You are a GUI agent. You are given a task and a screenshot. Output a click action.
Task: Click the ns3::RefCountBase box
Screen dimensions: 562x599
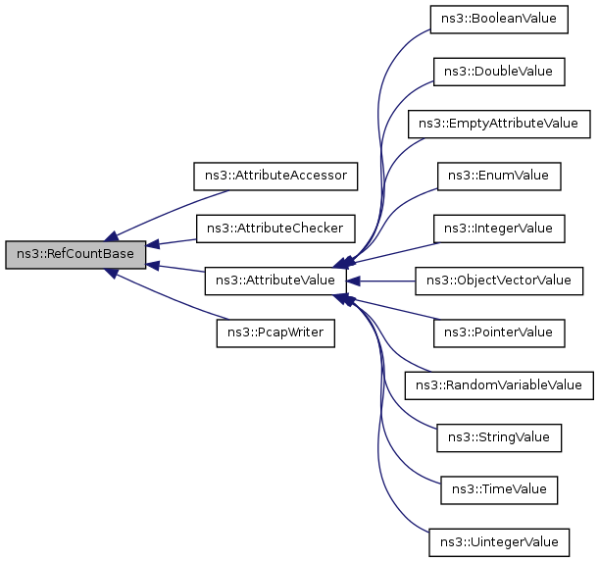point(75,254)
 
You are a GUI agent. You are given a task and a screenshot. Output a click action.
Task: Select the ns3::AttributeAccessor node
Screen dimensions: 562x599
point(275,176)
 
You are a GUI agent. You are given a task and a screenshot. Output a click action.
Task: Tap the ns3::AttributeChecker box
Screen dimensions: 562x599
point(275,229)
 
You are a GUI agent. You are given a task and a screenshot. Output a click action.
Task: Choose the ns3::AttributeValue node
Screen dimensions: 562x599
point(275,281)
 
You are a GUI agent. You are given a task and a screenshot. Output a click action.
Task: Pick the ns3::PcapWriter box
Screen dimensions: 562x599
point(275,333)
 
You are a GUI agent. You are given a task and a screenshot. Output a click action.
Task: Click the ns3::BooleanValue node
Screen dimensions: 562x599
point(499,20)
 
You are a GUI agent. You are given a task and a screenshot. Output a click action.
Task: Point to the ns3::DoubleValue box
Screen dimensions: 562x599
point(499,72)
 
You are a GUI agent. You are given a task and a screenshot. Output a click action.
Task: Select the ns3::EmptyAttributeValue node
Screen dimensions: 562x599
point(499,124)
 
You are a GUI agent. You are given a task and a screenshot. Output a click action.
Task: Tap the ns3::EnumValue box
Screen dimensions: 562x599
point(499,176)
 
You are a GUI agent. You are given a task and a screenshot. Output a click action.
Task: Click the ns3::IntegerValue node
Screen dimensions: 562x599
point(499,229)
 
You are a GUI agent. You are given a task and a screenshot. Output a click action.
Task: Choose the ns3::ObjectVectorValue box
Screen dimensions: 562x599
point(499,281)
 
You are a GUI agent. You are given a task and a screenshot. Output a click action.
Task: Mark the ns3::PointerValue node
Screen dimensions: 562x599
point(499,332)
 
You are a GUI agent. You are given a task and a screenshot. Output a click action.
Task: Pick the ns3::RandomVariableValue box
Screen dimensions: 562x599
point(499,384)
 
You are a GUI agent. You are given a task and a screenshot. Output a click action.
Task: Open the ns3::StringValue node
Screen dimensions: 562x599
point(499,436)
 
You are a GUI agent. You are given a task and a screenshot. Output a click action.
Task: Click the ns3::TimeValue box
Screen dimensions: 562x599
point(499,488)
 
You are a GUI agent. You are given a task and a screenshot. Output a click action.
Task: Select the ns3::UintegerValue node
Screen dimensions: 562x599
point(499,540)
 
